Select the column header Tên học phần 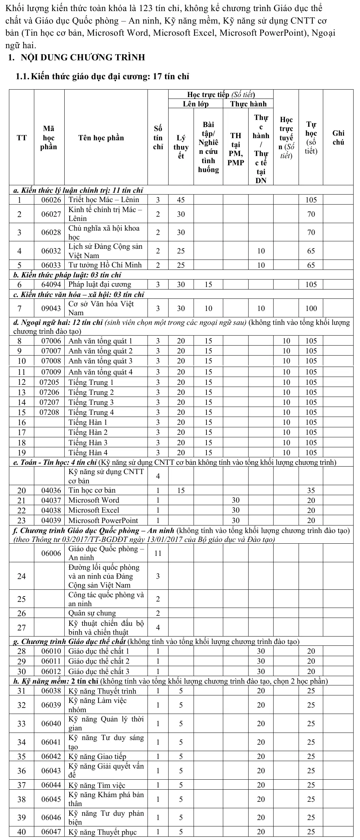click(x=101, y=138)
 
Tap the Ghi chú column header click(x=338, y=138)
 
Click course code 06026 click(x=51, y=200)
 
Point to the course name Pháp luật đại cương click(x=100, y=285)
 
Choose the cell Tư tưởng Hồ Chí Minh click(x=105, y=265)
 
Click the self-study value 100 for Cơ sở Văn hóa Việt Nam click(x=311, y=308)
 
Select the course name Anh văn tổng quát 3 click(x=100, y=361)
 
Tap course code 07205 click(x=49, y=382)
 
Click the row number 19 click(x=22, y=453)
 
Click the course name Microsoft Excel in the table click(x=94, y=510)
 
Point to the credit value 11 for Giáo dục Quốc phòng click(x=158, y=553)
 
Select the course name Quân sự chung click(x=92, y=613)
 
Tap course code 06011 click(x=51, y=661)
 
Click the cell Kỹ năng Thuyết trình click(x=102, y=691)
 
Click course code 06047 click(x=51, y=832)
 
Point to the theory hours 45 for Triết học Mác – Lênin click(x=181, y=200)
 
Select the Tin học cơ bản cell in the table click(x=92, y=490)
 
